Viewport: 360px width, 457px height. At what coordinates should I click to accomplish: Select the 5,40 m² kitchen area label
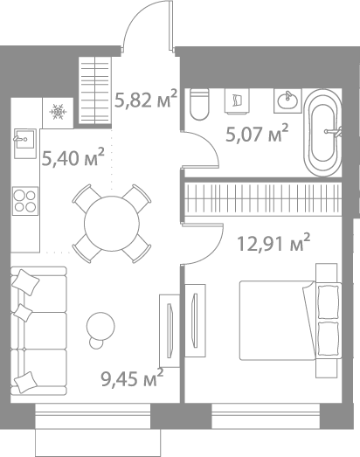[73, 157]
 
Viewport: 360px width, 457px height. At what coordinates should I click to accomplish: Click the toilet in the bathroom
[199, 104]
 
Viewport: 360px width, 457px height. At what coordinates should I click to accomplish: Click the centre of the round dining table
[112, 223]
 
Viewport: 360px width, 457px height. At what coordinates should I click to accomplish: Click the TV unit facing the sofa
[168, 333]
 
